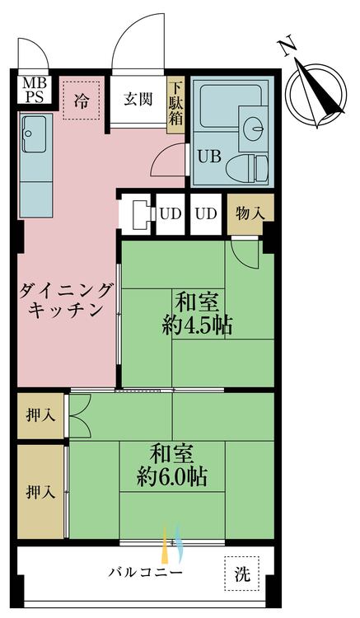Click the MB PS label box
[x=35, y=89]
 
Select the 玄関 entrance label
[x=138, y=101]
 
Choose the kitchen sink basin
[x=35, y=129]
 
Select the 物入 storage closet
[x=250, y=213]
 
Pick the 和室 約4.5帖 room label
[x=196, y=311]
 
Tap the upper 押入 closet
[x=40, y=415]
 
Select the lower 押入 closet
[x=40, y=492]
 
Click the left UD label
[x=170, y=213]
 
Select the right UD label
[x=206, y=213]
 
